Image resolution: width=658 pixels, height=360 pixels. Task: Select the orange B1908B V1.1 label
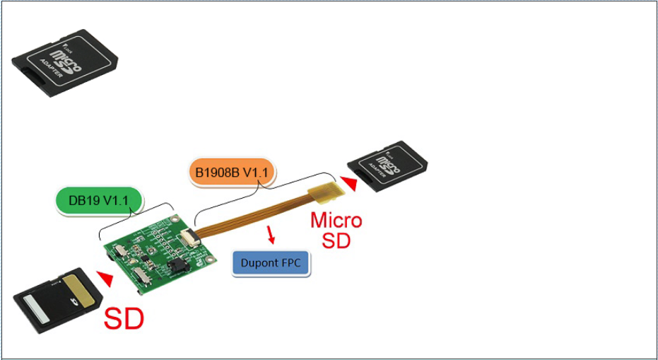[x=232, y=173]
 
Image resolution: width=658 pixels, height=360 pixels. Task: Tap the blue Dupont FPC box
[x=271, y=263]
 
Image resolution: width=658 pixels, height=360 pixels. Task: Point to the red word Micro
[x=336, y=221]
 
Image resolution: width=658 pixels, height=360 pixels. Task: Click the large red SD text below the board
[x=124, y=319]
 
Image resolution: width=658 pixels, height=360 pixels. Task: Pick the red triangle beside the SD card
[x=105, y=279]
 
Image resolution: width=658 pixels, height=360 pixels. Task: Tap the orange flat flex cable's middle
[x=254, y=216]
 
